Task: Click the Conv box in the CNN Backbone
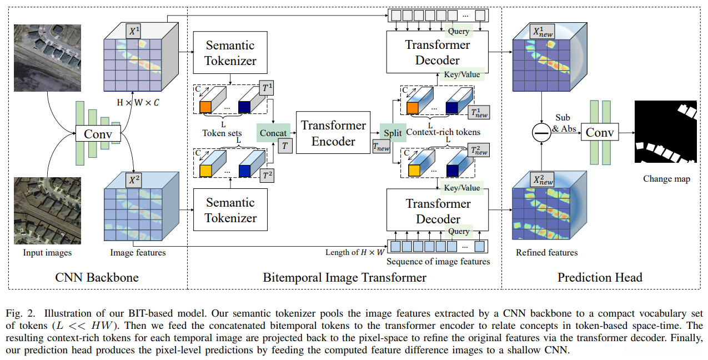[98, 134]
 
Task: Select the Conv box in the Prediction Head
[600, 133]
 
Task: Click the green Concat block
[274, 133]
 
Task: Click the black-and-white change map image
[665, 131]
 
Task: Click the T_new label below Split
[381, 148]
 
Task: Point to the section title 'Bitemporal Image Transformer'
[344, 277]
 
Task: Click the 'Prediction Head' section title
[600, 277]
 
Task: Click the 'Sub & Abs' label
[563, 123]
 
